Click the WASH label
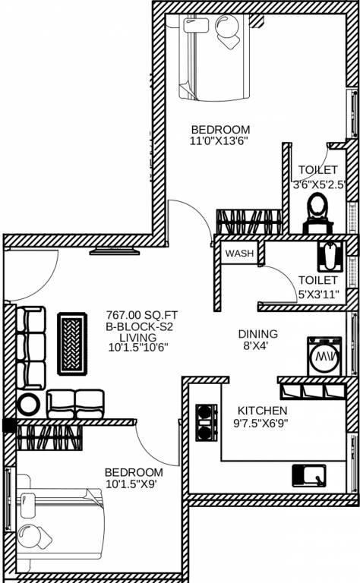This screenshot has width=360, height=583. pos(239,254)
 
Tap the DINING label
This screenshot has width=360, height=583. pos(257,334)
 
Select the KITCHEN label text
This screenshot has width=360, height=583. pos(262,411)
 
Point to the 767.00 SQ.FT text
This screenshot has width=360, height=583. pos(142,315)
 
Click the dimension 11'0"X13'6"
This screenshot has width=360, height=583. pos(219,141)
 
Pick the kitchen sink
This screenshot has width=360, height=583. pos(308,475)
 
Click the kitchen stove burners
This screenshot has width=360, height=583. pos(207,423)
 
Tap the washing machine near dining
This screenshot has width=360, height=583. pos(324,356)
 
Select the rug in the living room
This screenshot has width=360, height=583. pos(72,344)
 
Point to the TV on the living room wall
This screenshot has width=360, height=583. pos(115,251)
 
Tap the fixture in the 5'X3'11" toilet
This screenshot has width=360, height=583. pos(330,257)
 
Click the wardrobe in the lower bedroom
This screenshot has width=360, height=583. pos(49,438)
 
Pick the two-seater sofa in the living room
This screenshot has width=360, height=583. pos(75,404)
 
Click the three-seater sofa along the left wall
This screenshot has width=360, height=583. pos(31,348)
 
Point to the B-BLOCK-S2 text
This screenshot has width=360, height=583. pos(140,327)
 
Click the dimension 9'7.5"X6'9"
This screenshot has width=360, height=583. pos(261,423)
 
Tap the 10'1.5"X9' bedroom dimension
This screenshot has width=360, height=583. pos(131,484)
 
